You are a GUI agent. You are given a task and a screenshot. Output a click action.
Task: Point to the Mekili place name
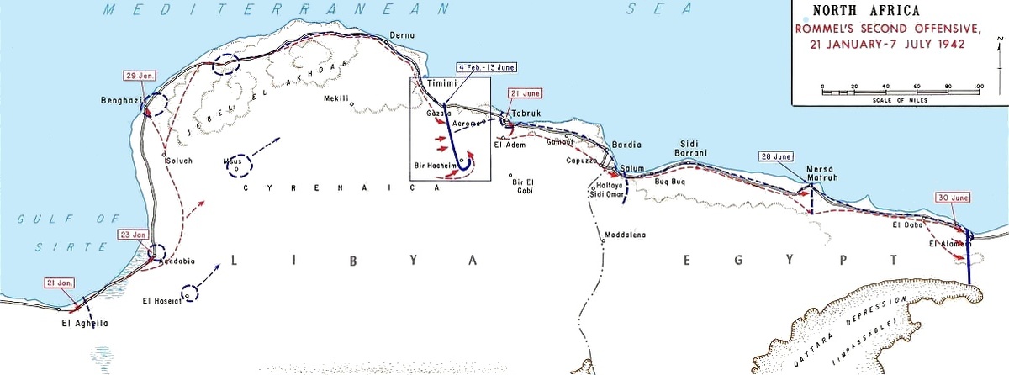point(336,98)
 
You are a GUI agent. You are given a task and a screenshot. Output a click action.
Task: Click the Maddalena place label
point(624,235)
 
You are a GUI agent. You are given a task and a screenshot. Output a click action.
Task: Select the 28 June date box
point(775,156)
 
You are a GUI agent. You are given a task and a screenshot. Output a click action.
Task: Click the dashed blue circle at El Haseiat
point(190,293)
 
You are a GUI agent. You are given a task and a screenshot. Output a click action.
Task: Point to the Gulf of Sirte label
point(69,232)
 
